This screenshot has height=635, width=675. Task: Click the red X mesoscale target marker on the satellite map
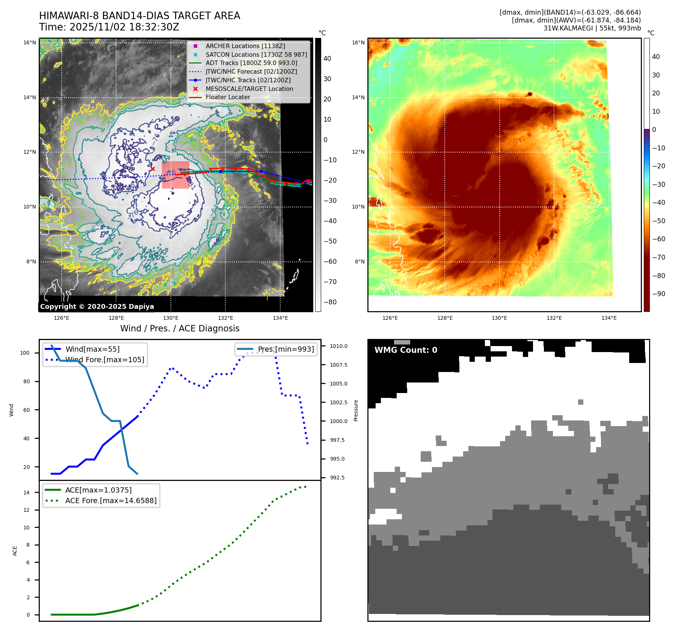(x=153, y=169)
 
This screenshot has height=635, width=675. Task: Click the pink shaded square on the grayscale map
(x=175, y=175)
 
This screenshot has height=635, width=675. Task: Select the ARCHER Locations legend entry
(x=245, y=46)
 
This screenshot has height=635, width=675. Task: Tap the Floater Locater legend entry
(x=228, y=97)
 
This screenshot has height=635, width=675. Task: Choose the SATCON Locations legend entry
(x=256, y=54)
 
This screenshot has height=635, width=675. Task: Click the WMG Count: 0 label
(x=406, y=350)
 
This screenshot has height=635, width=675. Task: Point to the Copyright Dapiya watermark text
(x=97, y=307)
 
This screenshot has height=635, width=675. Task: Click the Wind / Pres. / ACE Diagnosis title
(x=180, y=328)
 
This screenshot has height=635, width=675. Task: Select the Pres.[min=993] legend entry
(x=285, y=349)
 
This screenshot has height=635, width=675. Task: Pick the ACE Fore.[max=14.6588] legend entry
(x=111, y=500)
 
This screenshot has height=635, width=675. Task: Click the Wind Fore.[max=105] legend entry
(x=105, y=360)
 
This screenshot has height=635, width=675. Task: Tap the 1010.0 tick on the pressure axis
(x=338, y=346)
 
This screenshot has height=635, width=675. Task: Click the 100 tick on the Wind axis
(x=25, y=353)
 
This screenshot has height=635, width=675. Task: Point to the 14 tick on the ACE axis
(x=26, y=493)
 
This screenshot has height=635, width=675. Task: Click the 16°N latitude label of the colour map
(x=358, y=42)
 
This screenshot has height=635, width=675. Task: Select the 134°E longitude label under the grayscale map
(x=280, y=318)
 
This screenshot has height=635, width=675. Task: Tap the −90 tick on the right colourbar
(x=658, y=294)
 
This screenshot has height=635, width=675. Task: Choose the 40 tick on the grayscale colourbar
(x=327, y=59)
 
